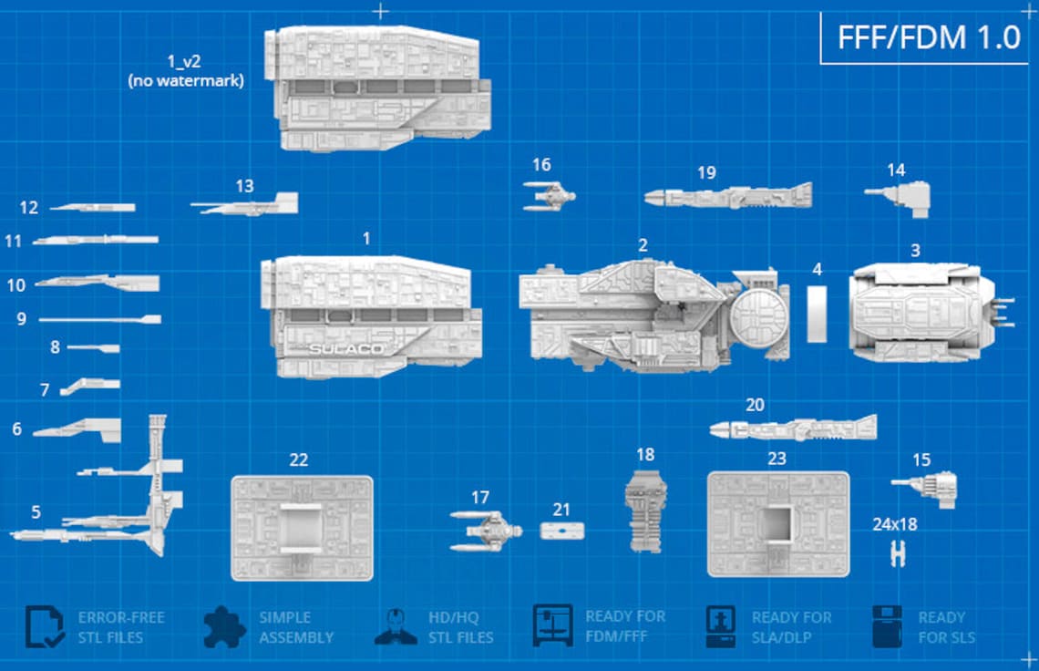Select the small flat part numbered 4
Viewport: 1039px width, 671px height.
click(x=817, y=314)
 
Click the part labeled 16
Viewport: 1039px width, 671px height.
click(x=549, y=196)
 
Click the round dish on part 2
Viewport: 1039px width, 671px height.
click(x=759, y=318)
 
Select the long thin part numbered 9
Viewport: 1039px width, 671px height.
click(x=100, y=319)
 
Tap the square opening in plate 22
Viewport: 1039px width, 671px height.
click(x=300, y=527)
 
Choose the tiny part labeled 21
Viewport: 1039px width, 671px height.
click(x=561, y=531)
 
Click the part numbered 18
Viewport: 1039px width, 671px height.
click(x=645, y=511)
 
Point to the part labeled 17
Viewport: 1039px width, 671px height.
click(x=487, y=530)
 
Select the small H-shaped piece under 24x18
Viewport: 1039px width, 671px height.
click(x=898, y=553)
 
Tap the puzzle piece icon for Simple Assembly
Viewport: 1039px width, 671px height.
click(x=224, y=626)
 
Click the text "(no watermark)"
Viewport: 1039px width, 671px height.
click(x=186, y=81)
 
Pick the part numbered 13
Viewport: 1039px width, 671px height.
click(x=246, y=205)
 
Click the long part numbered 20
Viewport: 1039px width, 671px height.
click(x=793, y=428)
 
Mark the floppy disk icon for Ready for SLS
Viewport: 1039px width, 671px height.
click(x=887, y=626)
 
